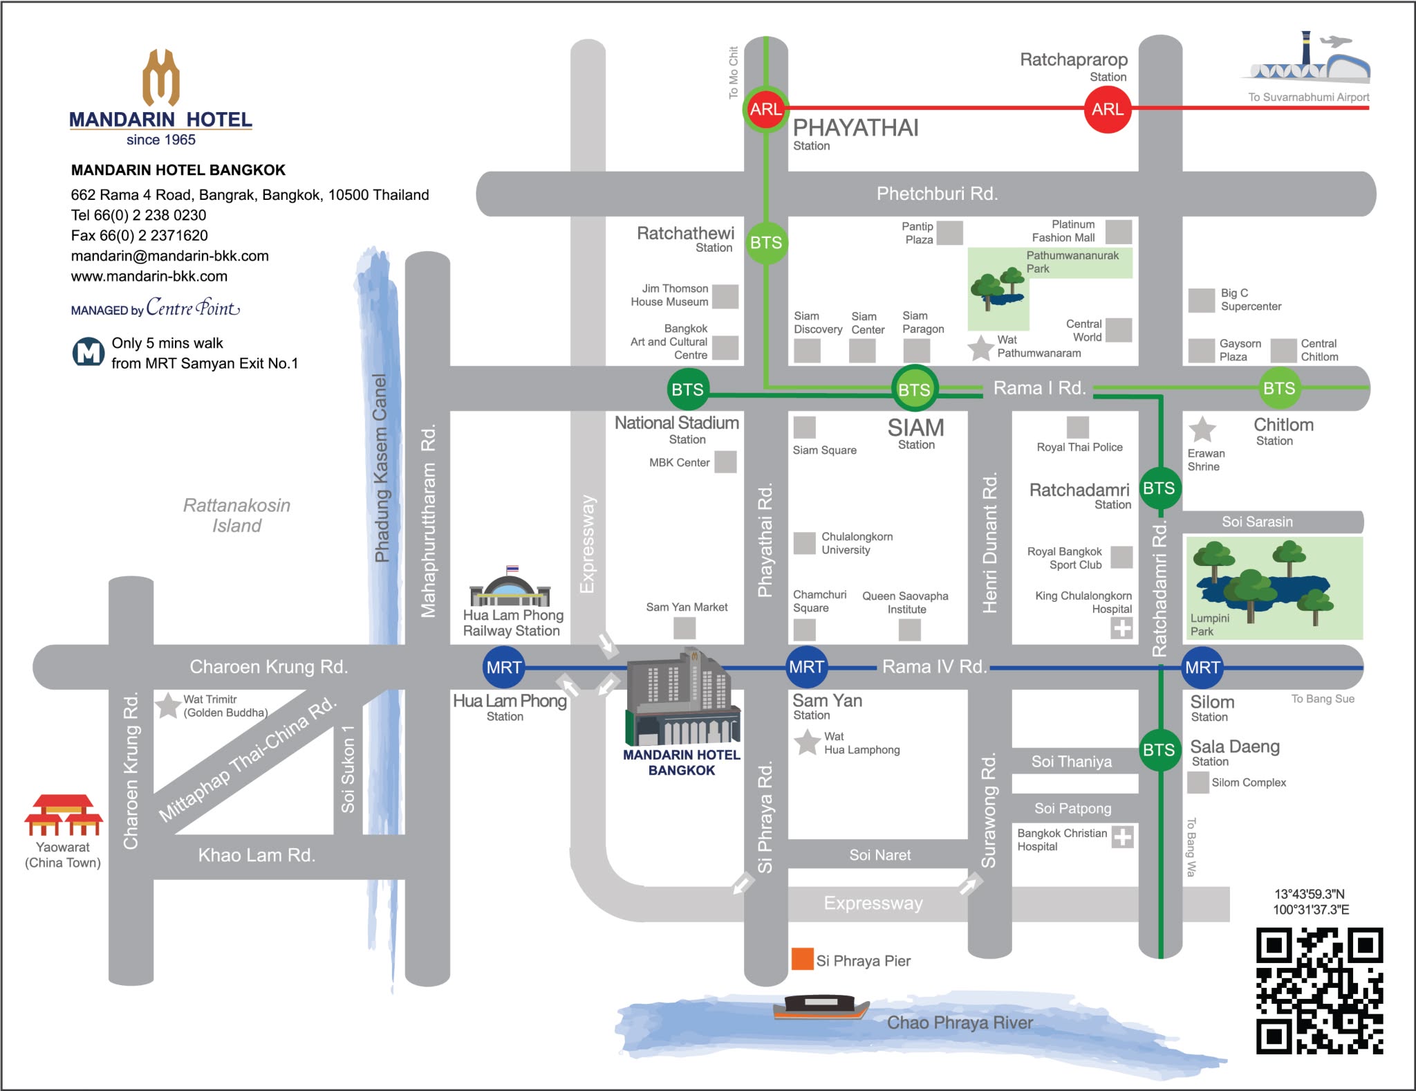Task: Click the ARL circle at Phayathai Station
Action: pos(766,109)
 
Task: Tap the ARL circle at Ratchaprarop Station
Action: pos(1107,109)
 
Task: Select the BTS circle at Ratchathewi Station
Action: pos(766,243)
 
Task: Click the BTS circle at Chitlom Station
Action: pos(1278,388)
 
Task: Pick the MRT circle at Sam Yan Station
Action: pos(806,667)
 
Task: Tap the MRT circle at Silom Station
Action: pos(1202,667)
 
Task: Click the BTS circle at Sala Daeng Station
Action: pos(1159,749)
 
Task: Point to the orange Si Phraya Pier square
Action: pos(802,959)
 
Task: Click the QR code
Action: pos(1319,991)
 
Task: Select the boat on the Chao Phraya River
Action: pos(821,1007)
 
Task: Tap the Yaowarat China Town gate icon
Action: pos(64,814)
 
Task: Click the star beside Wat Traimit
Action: pos(167,706)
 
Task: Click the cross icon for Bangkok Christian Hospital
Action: pos(1122,837)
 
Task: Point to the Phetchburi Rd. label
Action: pos(937,194)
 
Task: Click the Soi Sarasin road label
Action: pos(1256,522)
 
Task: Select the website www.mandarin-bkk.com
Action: pos(149,276)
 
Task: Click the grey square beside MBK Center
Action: pos(725,461)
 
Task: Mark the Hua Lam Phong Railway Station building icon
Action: pos(510,587)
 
